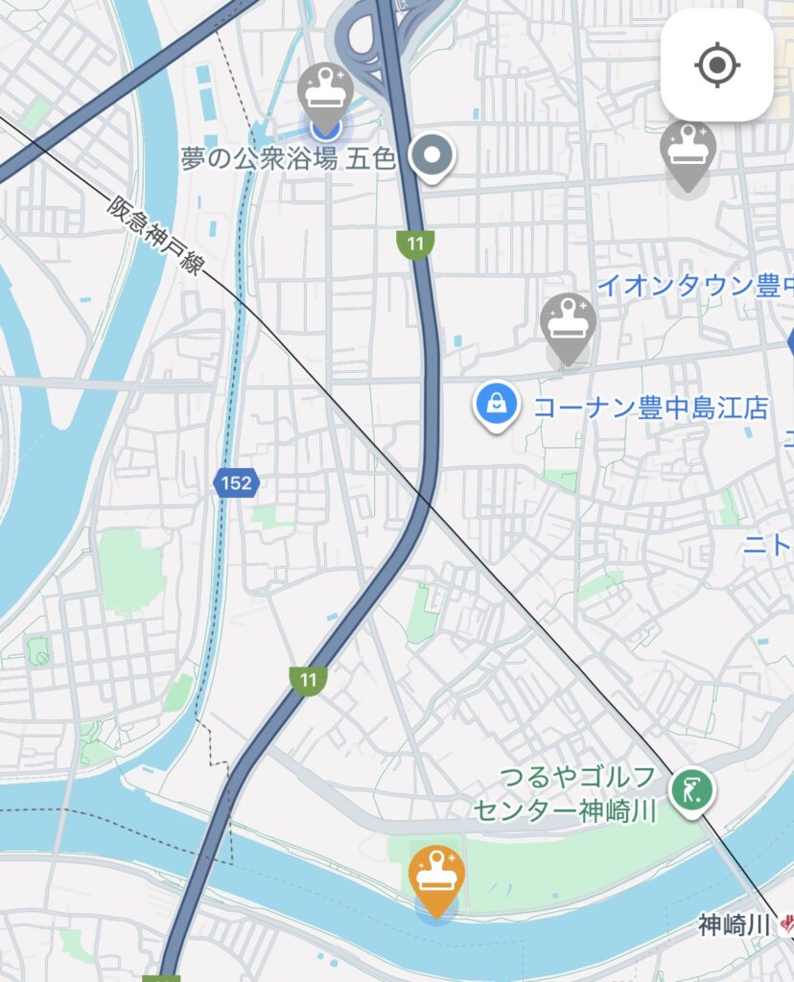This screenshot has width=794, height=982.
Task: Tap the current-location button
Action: (x=716, y=65)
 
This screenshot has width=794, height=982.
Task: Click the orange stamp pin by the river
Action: (x=436, y=877)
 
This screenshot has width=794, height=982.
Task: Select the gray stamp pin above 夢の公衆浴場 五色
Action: (x=325, y=93)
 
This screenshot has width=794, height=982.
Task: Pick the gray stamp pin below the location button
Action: (x=687, y=152)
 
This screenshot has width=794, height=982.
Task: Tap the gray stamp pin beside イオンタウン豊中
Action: (x=568, y=324)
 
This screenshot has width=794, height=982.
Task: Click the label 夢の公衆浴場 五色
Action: (x=288, y=159)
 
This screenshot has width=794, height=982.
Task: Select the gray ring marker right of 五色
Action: (x=432, y=155)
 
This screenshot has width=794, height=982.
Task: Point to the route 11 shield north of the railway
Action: (x=414, y=244)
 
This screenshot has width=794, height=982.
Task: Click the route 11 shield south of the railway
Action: (x=307, y=680)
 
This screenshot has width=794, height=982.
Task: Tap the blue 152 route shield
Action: (x=235, y=483)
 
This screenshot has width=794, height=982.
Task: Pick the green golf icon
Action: (x=692, y=792)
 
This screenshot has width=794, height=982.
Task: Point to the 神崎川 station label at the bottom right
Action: (x=735, y=925)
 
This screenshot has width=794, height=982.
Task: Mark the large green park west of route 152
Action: (x=131, y=572)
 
